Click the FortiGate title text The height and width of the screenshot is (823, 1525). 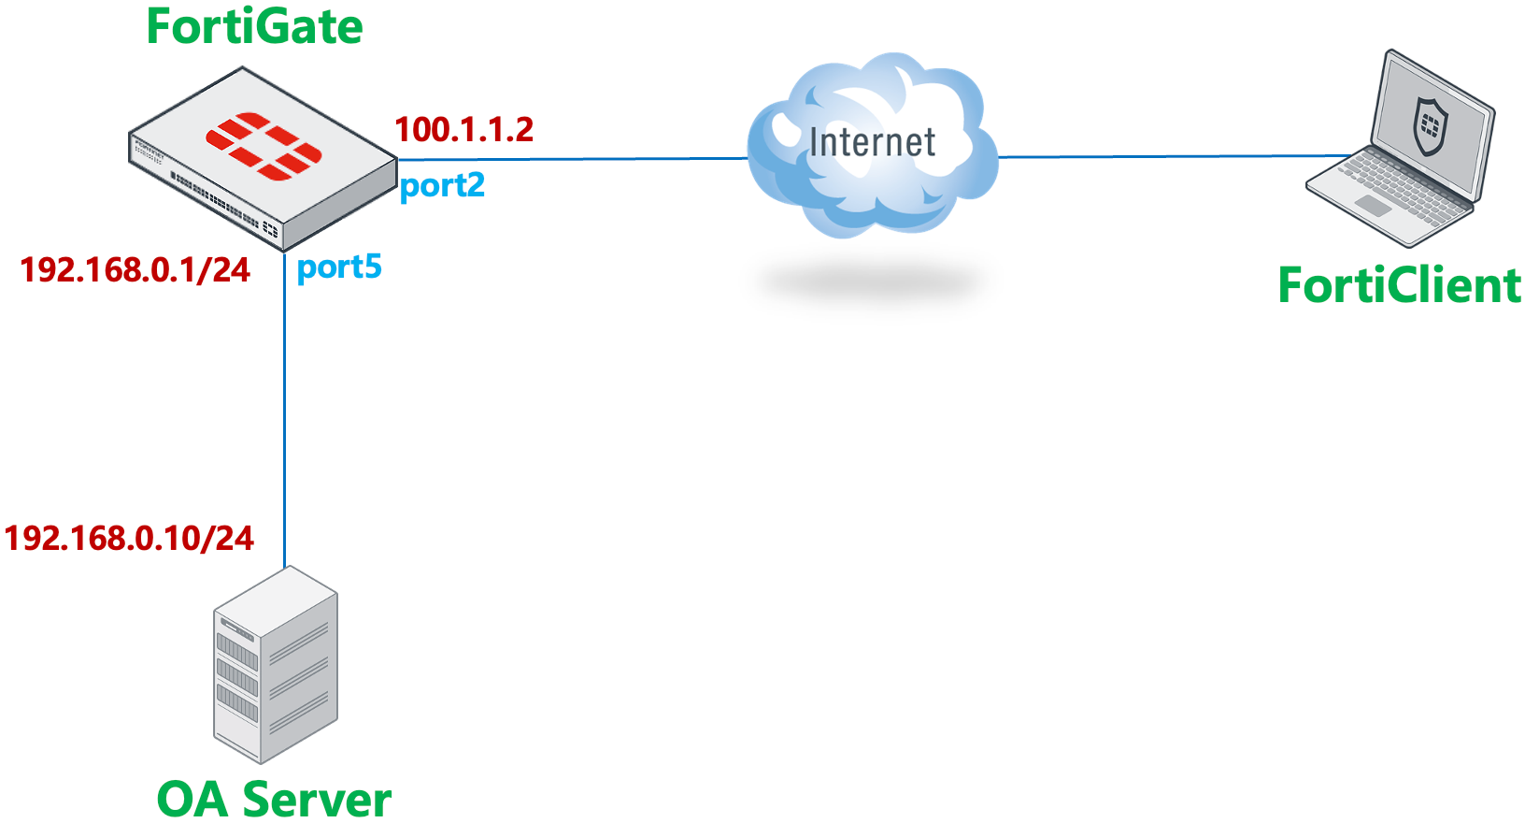coord(254,26)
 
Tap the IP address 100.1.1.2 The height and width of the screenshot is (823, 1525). coord(463,130)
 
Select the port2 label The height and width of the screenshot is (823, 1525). coord(442,185)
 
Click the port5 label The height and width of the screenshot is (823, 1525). coord(339,267)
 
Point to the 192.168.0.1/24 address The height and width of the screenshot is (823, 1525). coord(135,270)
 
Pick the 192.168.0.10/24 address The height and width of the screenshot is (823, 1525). coord(129,539)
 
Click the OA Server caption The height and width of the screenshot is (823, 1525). coord(274,799)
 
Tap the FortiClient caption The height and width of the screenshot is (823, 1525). coord(1399,285)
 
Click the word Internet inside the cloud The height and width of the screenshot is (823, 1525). coord(872,142)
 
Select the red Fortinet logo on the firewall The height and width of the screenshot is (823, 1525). coord(264,145)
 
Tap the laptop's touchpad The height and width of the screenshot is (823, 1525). coord(1373,206)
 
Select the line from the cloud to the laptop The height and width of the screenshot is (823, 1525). coord(1168,156)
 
